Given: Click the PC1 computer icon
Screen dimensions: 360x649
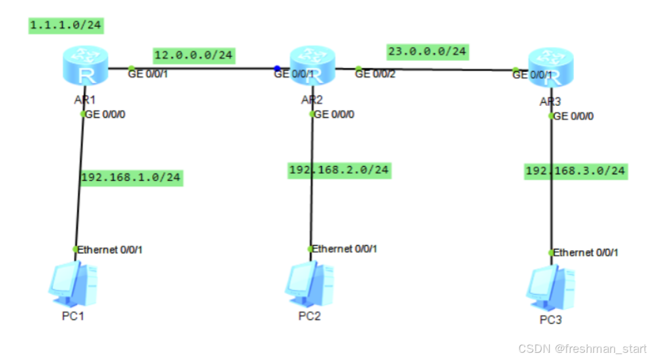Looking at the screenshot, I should pos(74,285).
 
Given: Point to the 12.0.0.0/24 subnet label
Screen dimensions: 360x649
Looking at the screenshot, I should pos(193,55).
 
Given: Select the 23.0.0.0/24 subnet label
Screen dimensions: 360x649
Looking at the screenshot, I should pos(427,50).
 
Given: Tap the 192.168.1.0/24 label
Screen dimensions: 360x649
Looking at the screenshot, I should pos(131,176).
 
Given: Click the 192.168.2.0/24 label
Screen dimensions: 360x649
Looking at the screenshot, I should pos(339,170).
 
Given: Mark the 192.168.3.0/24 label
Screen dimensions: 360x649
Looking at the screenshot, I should pos(576,171).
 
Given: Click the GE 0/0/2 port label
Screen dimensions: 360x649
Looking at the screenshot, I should pos(376,74).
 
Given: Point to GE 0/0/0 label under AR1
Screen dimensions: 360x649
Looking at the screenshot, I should pos(106,114).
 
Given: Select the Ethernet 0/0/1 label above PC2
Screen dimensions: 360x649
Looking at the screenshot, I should pos(344,249).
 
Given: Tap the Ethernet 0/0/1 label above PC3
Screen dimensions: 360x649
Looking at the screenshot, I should pos(586,252).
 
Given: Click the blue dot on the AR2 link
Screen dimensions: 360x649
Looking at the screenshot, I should pos(277,67).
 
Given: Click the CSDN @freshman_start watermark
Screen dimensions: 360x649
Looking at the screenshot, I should pos(581,348).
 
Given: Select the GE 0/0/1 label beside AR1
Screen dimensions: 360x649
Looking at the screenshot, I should pos(148,74).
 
